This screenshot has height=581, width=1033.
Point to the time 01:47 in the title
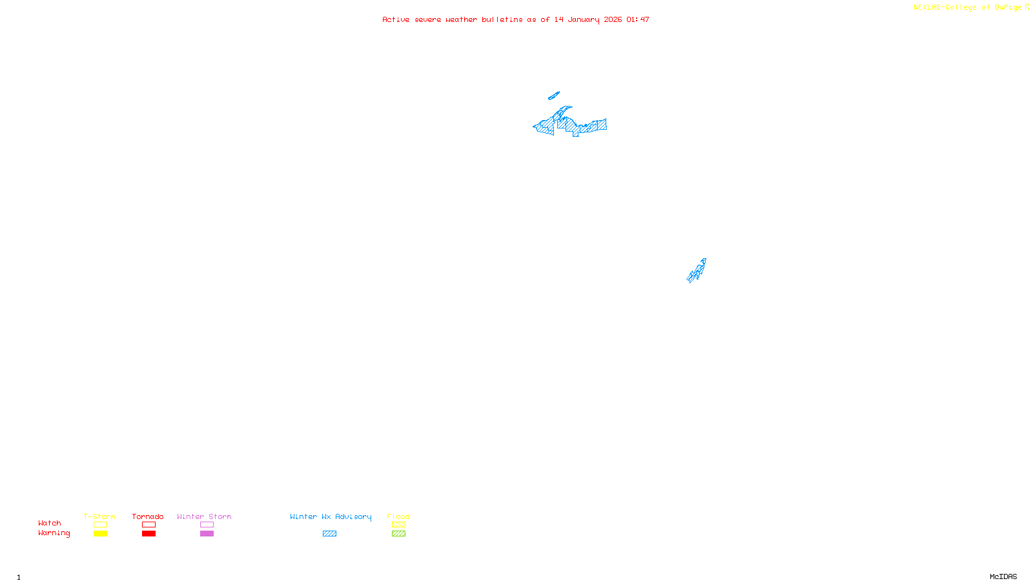(x=637, y=20)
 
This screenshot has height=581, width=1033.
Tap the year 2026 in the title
(x=613, y=20)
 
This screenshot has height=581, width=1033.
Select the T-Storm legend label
(x=99, y=516)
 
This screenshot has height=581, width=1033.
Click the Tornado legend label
(x=148, y=516)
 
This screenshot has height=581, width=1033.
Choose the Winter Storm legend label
(x=204, y=516)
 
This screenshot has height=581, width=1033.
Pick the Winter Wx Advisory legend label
(x=331, y=516)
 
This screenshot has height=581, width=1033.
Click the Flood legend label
(x=398, y=516)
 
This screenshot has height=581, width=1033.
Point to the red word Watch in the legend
(x=50, y=523)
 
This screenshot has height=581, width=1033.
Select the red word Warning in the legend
(x=54, y=533)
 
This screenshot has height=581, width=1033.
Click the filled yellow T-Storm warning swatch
(x=100, y=534)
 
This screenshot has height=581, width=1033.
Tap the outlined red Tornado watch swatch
(x=148, y=525)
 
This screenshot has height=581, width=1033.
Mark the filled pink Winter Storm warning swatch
(x=207, y=534)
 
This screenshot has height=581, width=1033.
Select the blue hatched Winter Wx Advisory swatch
(x=329, y=534)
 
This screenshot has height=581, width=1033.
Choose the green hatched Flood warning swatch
(x=398, y=534)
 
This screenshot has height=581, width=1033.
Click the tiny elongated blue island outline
(x=553, y=96)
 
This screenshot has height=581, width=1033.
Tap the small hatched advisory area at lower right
(x=697, y=271)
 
